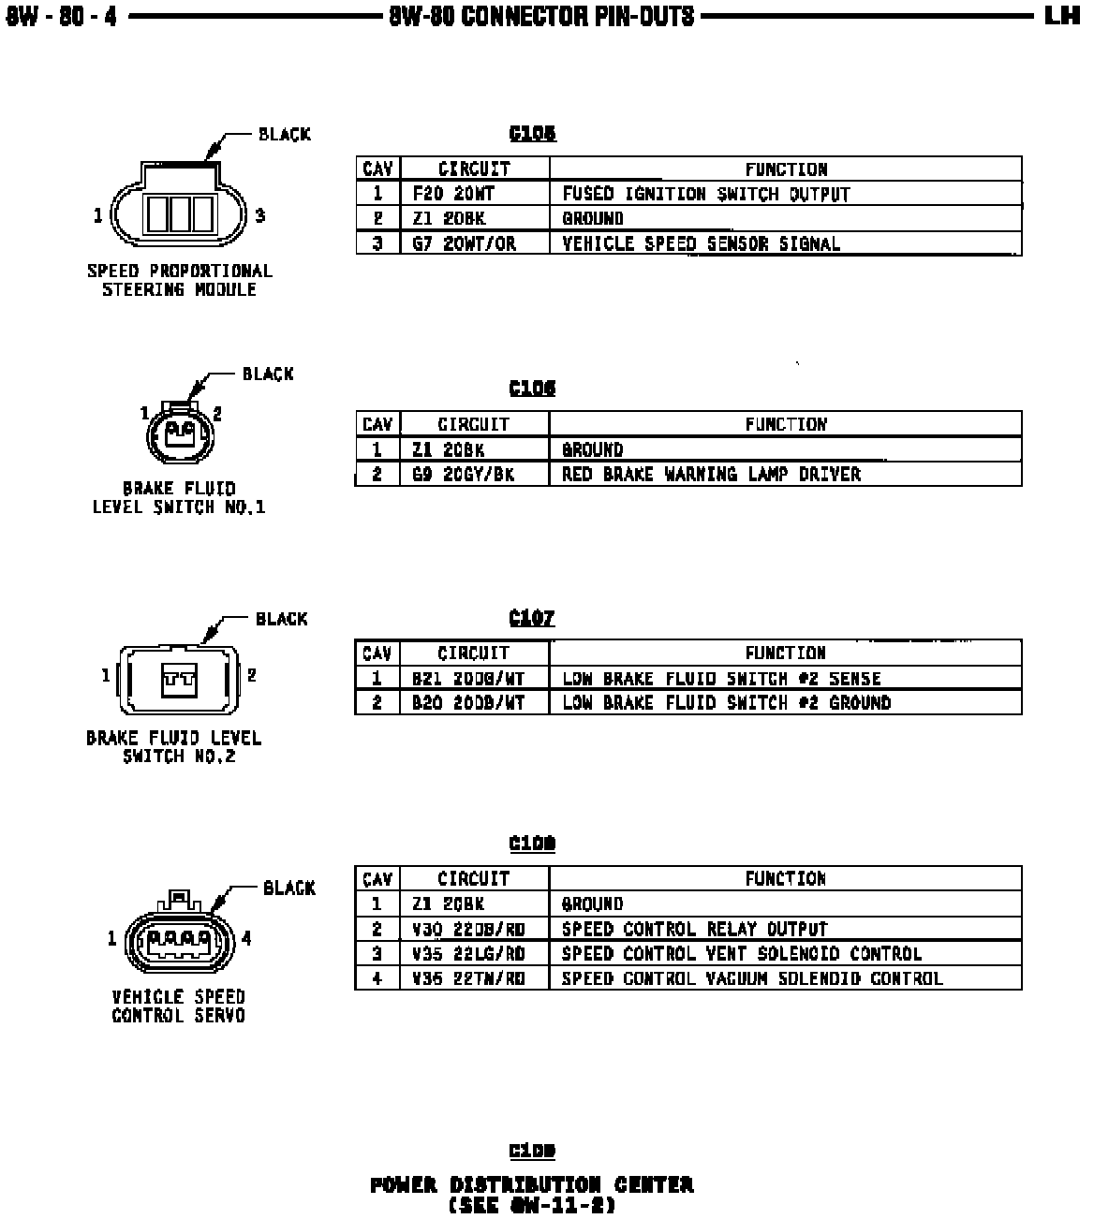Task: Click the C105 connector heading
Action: (x=532, y=134)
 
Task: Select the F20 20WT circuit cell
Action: (x=453, y=194)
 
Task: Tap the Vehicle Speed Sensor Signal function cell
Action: (x=701, y=243)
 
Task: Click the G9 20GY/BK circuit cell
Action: (x=463, y=474)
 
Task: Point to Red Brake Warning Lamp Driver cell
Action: (x=711, y=474)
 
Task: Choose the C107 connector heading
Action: (x=532, y=618)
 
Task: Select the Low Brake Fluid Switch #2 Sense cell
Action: (x=721, y=678)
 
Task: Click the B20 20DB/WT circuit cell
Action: (x=468, y=702)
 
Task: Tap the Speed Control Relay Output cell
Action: (x=694, y=929)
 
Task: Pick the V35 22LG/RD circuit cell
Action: (x=468, y=953)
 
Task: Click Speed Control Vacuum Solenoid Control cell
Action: (x=751, y=978)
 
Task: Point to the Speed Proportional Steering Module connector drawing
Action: (x=178, y=208)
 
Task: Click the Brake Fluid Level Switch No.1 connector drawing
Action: (x=179, y=433)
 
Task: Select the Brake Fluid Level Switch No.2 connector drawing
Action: (x=177, y=681)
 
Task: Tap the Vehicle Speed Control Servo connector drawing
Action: (x=178, y=935)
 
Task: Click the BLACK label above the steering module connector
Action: (x=284, y=135)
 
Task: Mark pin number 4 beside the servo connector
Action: (x=246, y=937)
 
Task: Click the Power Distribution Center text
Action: (x=532, y=1185)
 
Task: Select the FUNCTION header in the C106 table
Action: (x=786, y=424)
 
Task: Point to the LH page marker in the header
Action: (x=1062, y=16)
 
